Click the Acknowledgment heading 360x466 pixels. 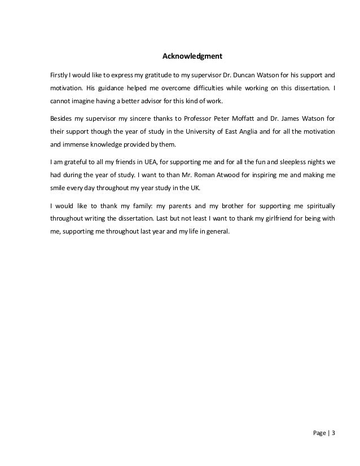click(x=193, y=56)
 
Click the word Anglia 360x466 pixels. click(x=238, y=132)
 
